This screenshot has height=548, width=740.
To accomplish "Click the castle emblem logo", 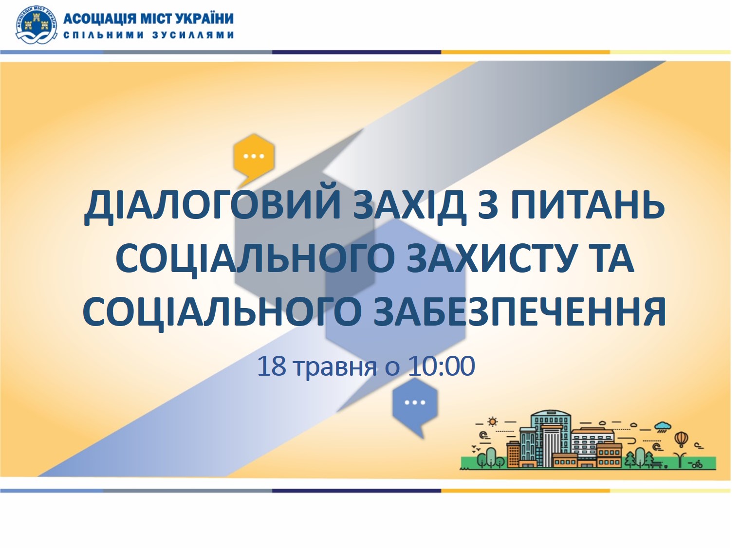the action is click(x=36, y=25).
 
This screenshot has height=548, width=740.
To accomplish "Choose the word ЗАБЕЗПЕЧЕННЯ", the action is click(x=519, y=311).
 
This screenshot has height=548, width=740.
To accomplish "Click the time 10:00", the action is click(x=441, y=366).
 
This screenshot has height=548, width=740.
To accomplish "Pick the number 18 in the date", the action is click(x=272, y=366).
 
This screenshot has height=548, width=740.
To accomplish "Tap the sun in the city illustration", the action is click(x=492, y=421).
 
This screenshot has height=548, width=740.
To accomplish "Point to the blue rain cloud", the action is click(x=663, y=427).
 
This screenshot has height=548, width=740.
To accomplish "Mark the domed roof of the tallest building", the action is click(x=551, y=413).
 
